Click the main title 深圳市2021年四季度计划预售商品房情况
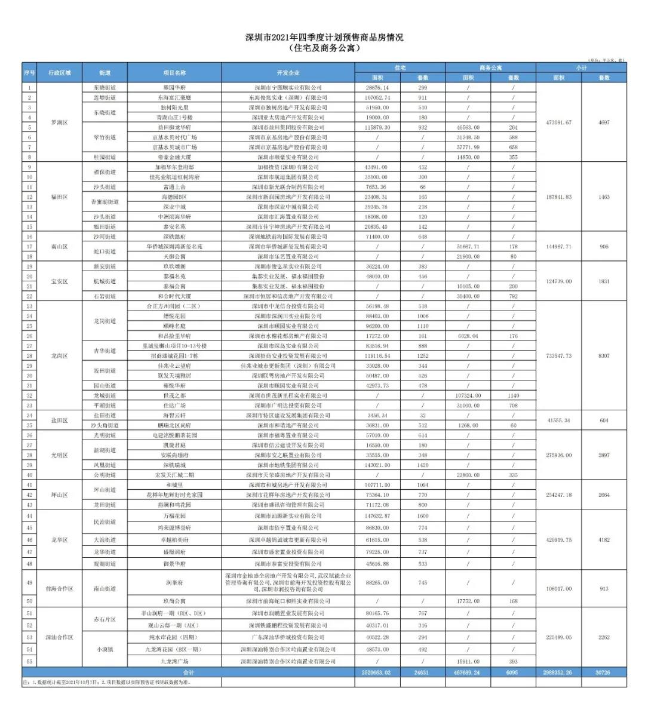point(324,38)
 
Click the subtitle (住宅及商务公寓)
point(324,48)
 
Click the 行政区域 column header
point(60,72)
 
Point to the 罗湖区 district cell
point(60,122)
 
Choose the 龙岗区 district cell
point(60,356)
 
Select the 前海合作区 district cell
point(60,589)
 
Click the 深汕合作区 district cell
point(60,637)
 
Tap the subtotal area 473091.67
point(558,122)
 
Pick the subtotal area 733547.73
point(558,356)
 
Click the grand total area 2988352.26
point(558,673)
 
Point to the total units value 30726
point(604,673)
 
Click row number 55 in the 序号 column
point(29,662)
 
